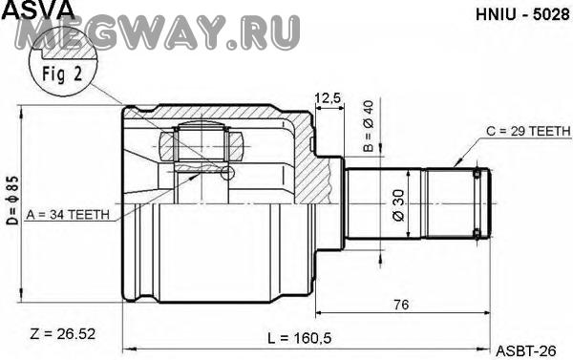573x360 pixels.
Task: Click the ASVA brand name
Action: tap(38, 9)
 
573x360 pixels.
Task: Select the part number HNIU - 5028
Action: tap(522, 14)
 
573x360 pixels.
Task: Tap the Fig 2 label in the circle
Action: tap(62, 74)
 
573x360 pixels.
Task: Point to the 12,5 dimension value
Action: tap(328, 98)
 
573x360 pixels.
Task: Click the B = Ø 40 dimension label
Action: tap(368, 126)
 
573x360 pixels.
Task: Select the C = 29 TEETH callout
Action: tap(528, 131)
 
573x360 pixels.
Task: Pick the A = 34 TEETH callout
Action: tap(68, 215)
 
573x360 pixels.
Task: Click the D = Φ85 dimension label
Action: tap(12, 201)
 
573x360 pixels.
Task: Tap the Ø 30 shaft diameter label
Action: tap(398, 205)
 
